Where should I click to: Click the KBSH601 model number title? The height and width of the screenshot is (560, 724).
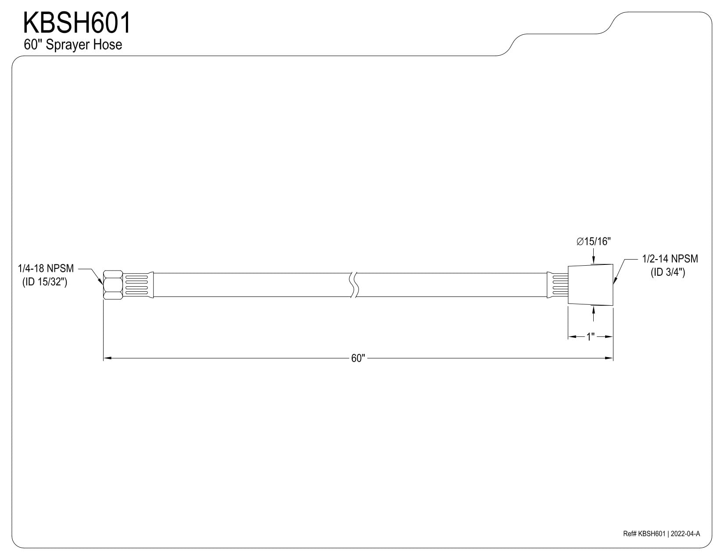[x=77, y=23]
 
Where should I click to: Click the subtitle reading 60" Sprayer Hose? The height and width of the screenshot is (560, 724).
[x=73, y=45]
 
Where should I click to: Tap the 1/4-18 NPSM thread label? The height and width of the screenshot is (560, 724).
[x=46, y=268]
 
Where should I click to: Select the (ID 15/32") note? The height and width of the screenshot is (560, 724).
[x=45, y=282]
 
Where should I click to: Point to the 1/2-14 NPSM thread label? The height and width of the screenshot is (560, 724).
[x=670, y=259]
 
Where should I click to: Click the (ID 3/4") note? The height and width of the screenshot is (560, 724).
[x=668, y=272]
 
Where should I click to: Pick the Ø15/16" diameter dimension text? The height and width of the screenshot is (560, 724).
[x=593, y=241]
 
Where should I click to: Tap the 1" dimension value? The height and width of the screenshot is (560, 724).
[x=591, y=336]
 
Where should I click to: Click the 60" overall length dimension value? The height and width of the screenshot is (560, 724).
[x=358, y=358]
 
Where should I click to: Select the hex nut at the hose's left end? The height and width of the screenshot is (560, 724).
[x=113, y=285]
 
